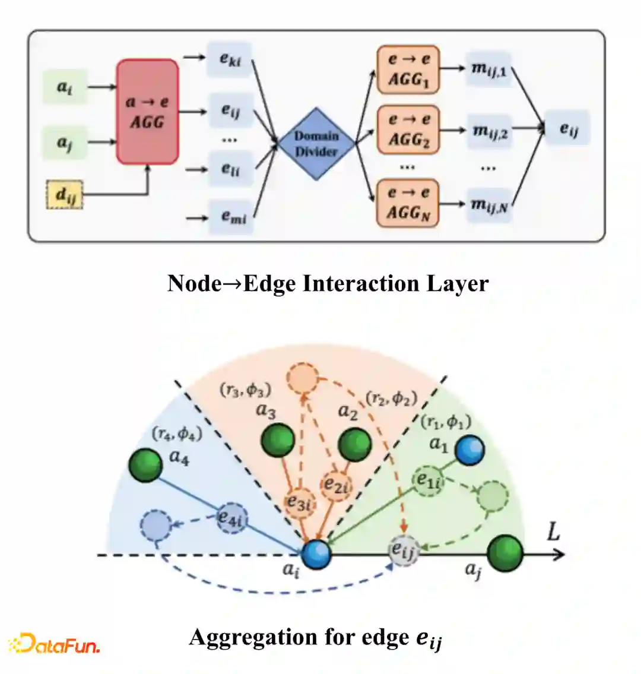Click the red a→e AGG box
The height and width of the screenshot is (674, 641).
coord(147,112)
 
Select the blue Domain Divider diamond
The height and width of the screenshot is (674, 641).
coord(316,144)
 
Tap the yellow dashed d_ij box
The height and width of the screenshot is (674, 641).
coord(64,195)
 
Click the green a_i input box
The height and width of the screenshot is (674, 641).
coord(65,87)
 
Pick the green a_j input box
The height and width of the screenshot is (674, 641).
coord(65,142)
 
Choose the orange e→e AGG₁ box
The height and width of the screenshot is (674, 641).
coord(408,69)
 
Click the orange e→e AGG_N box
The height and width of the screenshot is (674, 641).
coord(408,203)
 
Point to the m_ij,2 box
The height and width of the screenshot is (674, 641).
coord(489,130)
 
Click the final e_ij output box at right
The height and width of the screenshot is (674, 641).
coord(568,128)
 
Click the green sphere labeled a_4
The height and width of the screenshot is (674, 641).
coord(146,465)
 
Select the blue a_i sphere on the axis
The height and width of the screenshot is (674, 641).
coord(316,553)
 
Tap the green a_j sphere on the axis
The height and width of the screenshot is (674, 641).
coord(506,553)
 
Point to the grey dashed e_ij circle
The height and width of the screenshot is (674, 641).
coord(404,551)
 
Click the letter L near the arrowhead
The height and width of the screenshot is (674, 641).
coord(553,531)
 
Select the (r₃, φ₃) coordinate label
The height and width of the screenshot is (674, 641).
coord(245,390)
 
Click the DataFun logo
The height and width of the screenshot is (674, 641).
coord(53,644)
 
